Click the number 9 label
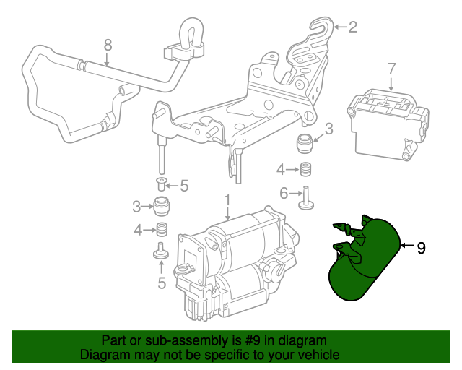[422, 248]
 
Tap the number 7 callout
[391, 69]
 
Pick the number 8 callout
[108, 45]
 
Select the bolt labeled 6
[306, 198]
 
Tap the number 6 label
[284, 193]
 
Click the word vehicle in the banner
[315, 356]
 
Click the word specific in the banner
[225, 356]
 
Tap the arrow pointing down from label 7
[391, 83]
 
